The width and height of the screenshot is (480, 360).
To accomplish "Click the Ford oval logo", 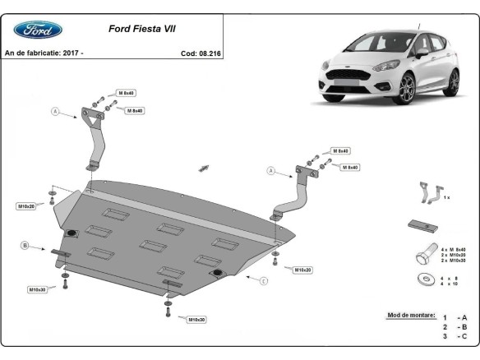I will point(37,30).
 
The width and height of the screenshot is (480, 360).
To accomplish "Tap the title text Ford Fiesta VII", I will point(141,28).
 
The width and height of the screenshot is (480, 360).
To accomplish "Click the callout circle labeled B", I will point(25,245).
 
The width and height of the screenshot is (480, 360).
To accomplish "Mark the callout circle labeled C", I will point(264,281).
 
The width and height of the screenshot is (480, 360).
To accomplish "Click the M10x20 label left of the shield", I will point(26,205).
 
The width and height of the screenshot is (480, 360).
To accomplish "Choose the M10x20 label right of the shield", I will point(301,270).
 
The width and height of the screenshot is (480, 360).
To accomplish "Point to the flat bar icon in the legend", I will point(422,225).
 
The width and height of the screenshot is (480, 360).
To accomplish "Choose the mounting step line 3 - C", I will point(455,336).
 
